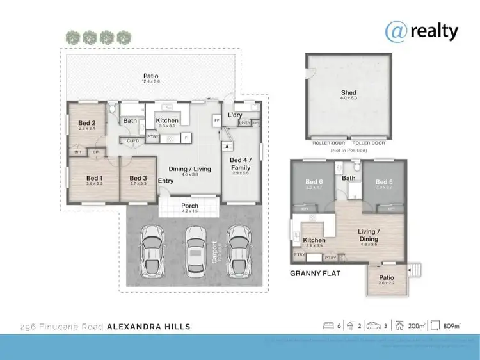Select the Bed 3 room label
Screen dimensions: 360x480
pyautogui.click(x=138, y=178)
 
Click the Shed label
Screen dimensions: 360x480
pyautogui.click(x=349, y=94)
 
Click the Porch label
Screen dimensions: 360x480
pyautogui.click(x=189, y=206)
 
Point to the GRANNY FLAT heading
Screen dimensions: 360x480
pyautogui.click(x=315, y=273)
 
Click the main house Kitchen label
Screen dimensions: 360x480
pyautogui.click(x=166, y=120)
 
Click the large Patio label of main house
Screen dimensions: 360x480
pyautogui.click(x=151, y=77)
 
